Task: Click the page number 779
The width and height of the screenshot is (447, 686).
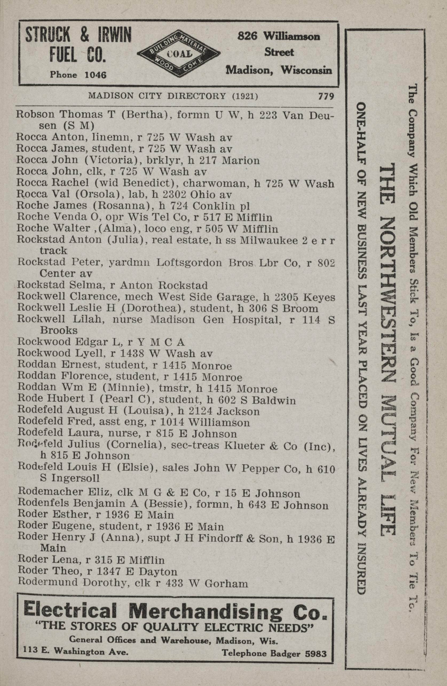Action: [326, 96]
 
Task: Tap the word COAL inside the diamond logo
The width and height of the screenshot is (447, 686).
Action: [179, 54]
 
